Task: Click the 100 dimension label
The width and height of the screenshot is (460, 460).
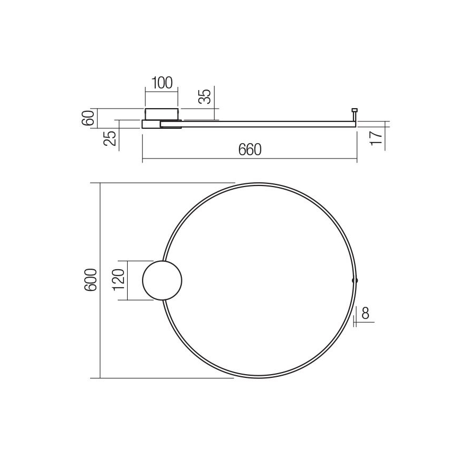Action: tap(162, 83)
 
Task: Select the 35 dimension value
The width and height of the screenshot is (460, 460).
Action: tap(206, 96)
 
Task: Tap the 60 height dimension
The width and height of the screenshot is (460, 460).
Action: tap(90, 118)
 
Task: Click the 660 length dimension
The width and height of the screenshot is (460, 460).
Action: tap(250, 150)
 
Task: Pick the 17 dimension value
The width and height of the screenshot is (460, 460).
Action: tap(376, 137)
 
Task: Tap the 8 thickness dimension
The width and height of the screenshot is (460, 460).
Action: tap(366, 313)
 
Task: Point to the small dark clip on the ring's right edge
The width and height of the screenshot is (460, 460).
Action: tap(355, 280)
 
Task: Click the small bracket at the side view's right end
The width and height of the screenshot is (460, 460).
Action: tap(354, 112)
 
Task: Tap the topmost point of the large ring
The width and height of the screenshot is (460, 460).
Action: tap(259, 183)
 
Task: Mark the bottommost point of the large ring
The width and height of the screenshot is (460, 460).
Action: tap(259, 378)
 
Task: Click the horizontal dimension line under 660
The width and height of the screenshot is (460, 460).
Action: tap(250, 159)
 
